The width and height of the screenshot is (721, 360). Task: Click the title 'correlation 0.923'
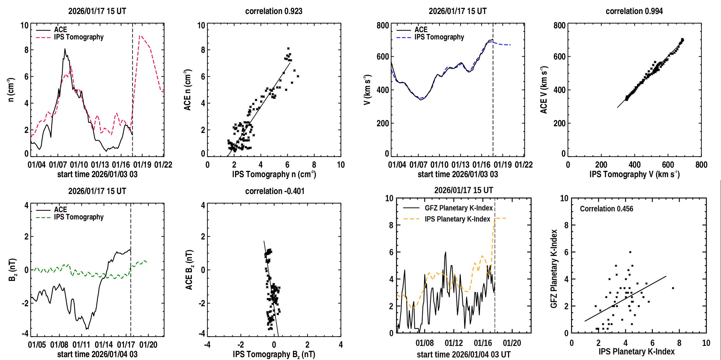pyautogui.click(x=274, y=11)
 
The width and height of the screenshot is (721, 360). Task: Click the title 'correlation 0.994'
pyautogui.click(x=634, y=11)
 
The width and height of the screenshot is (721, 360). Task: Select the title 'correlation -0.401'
pyautogui.click(x=275, y=191)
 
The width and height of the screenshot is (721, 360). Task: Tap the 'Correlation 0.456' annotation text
pyautogui.click(x=606, y=209)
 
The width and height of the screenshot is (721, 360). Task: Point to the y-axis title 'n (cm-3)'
pyautogui.click(x=11, y=90)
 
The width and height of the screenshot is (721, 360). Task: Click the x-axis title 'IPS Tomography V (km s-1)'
pyautogui.click(x=634, y=174)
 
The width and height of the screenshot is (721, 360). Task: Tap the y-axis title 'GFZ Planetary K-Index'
pyautogui.click(x=554, y=269)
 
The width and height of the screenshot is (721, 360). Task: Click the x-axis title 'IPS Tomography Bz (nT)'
pyautogui.click(x=274, y=355)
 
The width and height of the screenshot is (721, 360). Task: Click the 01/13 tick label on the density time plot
pyautogui.click(x=100, y=165)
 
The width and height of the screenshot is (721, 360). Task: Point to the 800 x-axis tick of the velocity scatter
pyautogui.click(x=701, y=165)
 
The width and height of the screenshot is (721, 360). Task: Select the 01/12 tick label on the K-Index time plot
pyautogui.click(x=454, y=343)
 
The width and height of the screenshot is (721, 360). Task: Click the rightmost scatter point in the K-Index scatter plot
pyautogui.click(x=673, y=288)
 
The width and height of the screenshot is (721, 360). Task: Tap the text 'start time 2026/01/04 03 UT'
pyautogui.click(x=464, y=355)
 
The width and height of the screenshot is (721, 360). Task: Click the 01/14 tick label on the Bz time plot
pyautogui.click(x=104, y=345)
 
